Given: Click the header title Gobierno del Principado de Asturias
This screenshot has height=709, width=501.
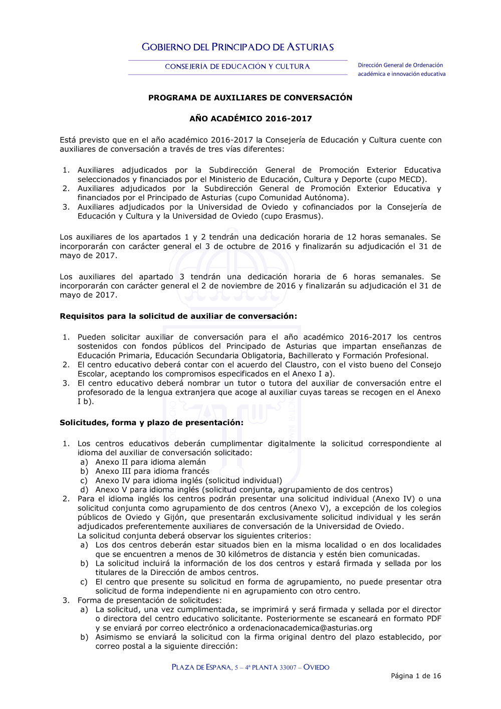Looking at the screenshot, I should (237, 47).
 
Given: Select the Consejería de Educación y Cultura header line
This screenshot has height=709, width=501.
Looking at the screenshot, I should (237, 67).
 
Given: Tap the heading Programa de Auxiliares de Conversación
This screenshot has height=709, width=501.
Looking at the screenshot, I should (250, 98).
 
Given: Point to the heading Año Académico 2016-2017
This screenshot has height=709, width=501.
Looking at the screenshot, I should (250, 119).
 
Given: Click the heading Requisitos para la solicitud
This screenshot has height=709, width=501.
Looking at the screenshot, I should (178, 316).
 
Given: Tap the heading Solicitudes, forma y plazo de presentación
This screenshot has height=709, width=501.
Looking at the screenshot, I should (151, 423).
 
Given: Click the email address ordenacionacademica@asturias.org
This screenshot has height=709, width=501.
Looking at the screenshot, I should (305, 628).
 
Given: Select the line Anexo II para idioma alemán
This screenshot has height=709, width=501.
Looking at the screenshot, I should (150, 462).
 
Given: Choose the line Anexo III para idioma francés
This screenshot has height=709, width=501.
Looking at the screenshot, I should (152, 471).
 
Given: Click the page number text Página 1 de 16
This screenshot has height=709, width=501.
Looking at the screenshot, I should (416, 676).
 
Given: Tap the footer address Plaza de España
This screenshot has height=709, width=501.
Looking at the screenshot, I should (201, 667).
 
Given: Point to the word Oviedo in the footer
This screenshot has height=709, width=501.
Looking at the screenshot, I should (316, 667).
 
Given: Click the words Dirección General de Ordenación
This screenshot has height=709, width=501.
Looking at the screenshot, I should (400, 65).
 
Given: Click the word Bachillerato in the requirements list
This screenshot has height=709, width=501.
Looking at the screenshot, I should (313, 356).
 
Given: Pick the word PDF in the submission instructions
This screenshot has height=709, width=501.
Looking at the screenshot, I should (433, 619).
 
